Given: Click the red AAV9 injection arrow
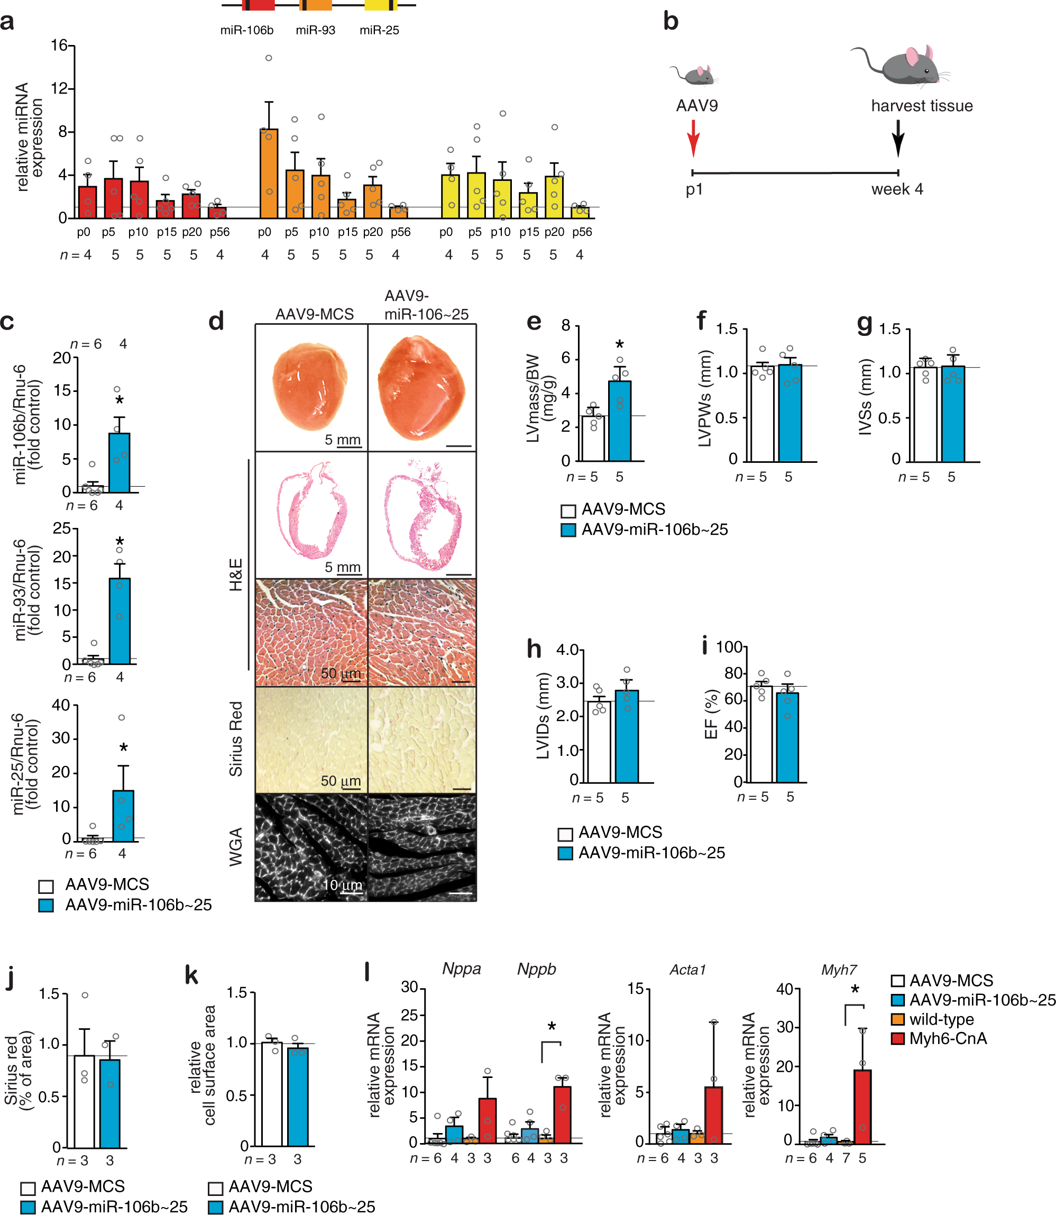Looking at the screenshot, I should pyautogui.click(x=693, y=138).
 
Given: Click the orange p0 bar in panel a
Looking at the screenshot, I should pyautogui.click(x=268, y=174).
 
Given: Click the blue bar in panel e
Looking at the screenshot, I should pyautogui.click(x=619, y=421).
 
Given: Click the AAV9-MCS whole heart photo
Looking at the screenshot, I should pyautogui.click(x=310, y=387).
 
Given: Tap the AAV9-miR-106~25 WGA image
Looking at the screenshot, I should pyautogui.click(x=422, y=847).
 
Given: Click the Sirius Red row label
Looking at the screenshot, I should pyautogui.click(x=236, y=738).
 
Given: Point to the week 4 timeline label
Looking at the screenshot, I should pyautogui.click(x=897, y=189).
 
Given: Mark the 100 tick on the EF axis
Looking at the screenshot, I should pyautogui.click(x=729, y=647).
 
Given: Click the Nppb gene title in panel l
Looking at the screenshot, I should pyautogui.click(x=536, y=969).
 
